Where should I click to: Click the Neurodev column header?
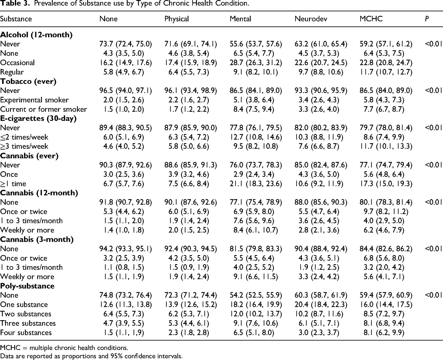[x=311, y=19]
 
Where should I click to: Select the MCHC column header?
[x=371, y=19]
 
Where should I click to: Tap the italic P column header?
[x=427, y=19]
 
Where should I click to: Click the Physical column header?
[x=177, y=19]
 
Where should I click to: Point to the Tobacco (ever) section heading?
[x=28, y=81]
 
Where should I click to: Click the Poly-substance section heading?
[x=27, y=286]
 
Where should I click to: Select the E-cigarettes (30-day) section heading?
[x=38, y=119]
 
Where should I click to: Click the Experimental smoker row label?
[x=34, y=100]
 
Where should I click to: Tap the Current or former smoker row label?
[x=43, y=109]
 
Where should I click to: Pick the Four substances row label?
[x=26, y=333]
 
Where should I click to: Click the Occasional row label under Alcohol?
[x=17, y=63]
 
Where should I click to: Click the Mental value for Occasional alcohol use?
[x=256, y=63]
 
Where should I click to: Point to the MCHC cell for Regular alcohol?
[x=386, y=72]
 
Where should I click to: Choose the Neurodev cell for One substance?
[x=321, y=304]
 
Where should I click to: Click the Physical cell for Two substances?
[x=189, y=314]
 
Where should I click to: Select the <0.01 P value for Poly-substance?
[x=433, y=295]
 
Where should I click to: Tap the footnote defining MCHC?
[x=64, y=348]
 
